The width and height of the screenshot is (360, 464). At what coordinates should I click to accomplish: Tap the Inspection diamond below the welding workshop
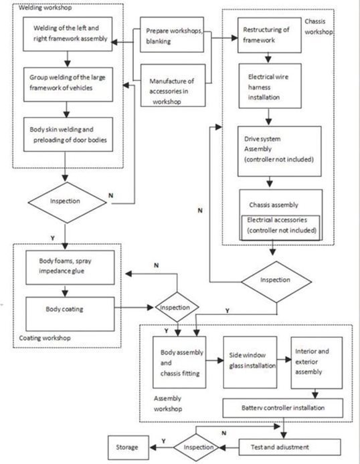[x=65, y=201]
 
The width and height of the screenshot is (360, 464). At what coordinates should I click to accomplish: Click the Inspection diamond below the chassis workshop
[x=275, y=280]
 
